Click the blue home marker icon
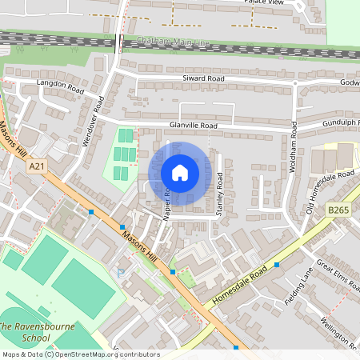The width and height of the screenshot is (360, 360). coord(180,173)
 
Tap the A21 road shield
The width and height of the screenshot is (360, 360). coord(34,166)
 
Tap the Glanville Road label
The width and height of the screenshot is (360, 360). coord(194,126)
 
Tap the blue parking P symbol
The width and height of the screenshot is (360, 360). coord(121,273)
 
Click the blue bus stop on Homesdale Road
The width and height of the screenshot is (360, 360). coord(277,264)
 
